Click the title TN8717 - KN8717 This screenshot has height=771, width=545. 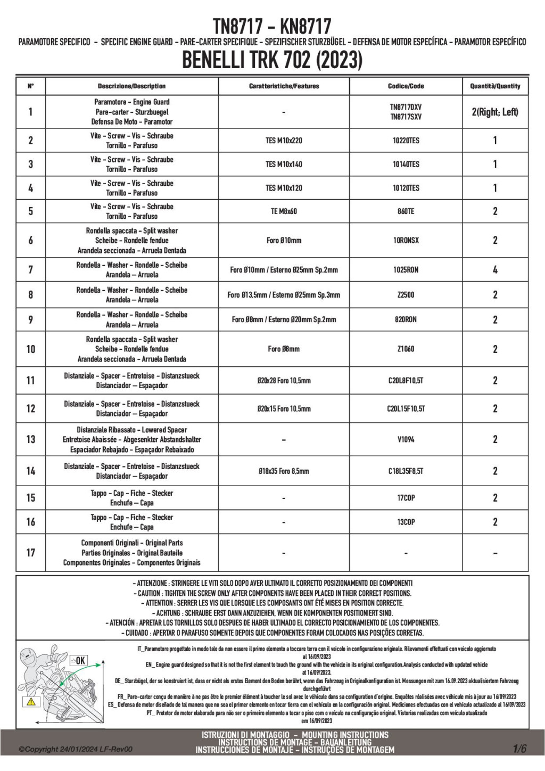272,25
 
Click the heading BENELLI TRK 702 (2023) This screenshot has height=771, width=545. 272,60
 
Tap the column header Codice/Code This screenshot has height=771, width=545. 406,86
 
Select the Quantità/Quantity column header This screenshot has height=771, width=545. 495,86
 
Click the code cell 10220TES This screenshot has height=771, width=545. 406,141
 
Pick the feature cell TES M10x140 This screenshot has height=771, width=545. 284,165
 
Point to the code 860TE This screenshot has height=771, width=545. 406,211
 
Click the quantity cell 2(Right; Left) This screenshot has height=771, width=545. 495,112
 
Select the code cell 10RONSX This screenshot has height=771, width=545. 406,241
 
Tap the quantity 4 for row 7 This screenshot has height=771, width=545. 495,270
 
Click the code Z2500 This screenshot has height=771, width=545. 406,295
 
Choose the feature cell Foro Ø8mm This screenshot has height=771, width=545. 284,349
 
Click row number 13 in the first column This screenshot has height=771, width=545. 30,439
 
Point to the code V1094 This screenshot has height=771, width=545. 406,440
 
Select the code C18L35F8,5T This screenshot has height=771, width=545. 406,471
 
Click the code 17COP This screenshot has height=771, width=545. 406,498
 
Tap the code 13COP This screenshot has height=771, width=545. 406,522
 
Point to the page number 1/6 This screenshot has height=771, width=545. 519,749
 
